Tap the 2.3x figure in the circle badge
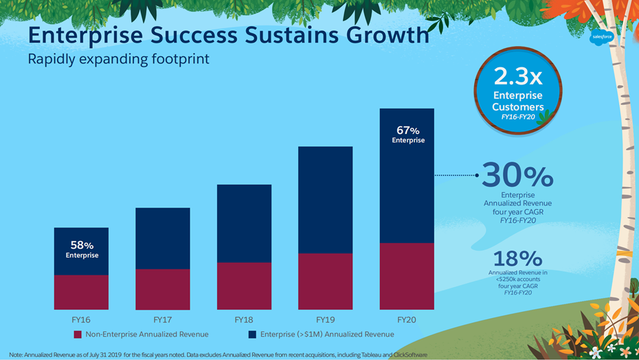pos(517,77)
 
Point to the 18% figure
pos(517,259)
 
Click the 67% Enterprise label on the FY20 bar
pos(408,135)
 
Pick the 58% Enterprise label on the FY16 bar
pos(82,249)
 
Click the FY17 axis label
pos(162,320)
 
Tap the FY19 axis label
pos(325,320)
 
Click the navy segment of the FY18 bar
pos(244,223)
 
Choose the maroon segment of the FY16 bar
pos(82,292)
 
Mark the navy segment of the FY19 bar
pos(325,200)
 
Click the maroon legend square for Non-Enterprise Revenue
pos(78,335)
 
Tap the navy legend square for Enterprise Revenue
pos(252,335)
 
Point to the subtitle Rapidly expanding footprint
pos(118,59)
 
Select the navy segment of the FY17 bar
pos(162,238)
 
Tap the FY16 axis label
pos(81,320)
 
